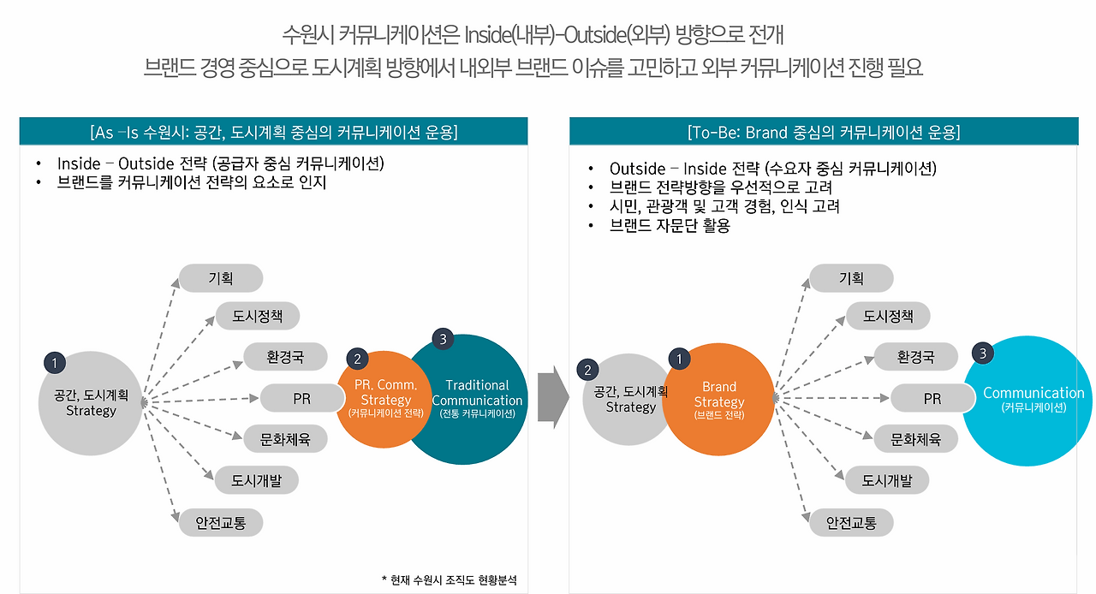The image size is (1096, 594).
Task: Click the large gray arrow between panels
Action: pos(552,398)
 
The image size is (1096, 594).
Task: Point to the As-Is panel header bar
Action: pos(273,132)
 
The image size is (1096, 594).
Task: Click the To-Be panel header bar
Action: pos(823,132)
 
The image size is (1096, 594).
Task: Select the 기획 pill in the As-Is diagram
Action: pos(221,278)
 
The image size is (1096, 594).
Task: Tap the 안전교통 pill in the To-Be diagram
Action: pos(851,523)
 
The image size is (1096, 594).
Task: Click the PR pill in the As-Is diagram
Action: pos(301,399)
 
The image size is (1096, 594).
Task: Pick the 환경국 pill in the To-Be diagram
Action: pos(915,357)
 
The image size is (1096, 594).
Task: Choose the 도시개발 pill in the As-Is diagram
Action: pos(256,480)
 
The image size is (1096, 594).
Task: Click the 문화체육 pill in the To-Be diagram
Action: pos(915,439)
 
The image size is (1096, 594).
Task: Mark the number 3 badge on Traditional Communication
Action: pos(442,339)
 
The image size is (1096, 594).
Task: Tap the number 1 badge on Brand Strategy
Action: pos(679,359)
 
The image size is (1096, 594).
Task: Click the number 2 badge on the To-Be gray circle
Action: pos(587,369)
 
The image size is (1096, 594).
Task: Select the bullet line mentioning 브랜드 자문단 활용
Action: pos(669,226)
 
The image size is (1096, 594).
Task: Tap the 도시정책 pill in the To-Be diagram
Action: pos(888,316)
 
